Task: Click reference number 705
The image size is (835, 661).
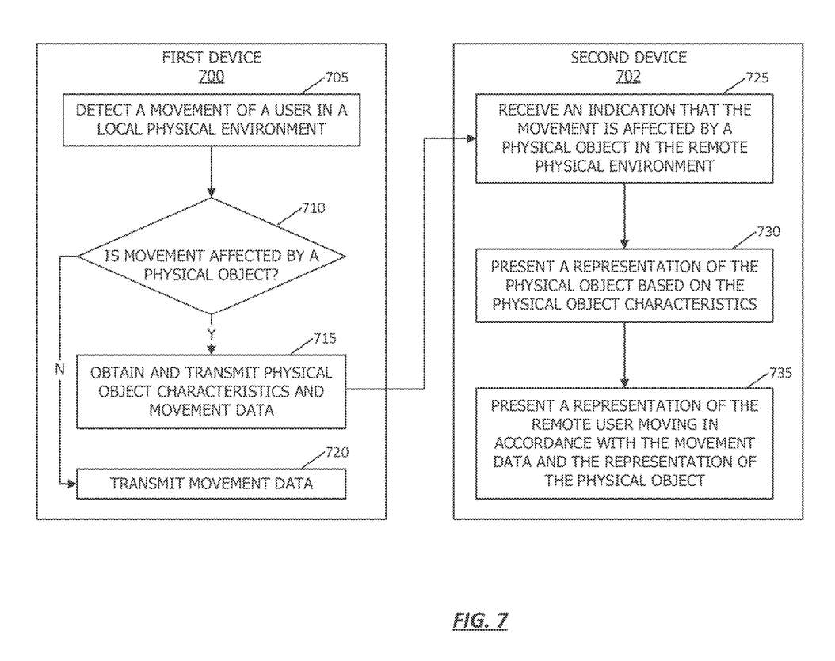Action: (x=336, y=78)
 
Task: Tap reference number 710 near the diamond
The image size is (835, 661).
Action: (x=312, y=208)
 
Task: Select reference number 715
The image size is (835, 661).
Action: (x=324, y=339)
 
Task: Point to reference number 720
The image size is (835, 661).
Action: (x=336, y=453)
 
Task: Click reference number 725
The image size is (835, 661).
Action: (x=757, y=78)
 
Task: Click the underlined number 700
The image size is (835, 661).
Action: (x=212, y=76)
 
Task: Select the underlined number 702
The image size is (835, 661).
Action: (x=628, y=76)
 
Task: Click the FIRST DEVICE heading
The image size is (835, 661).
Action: (x=212, y=58)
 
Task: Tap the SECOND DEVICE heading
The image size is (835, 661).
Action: (x=628, y=58)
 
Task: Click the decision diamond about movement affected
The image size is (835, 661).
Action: (x=212, y=256)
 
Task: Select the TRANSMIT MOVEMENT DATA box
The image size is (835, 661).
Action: (x=212, y=484)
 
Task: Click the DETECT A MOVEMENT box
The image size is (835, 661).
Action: (x=212, y=120)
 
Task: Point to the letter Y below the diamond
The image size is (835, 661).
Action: (x=212, y=334)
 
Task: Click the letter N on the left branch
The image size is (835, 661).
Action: (x=59, y=369)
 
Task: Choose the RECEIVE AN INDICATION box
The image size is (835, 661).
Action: (x=624, y=139)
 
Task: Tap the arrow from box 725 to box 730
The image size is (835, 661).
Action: (x=624, y=215)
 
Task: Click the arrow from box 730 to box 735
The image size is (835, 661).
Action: (x=624, y=354)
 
